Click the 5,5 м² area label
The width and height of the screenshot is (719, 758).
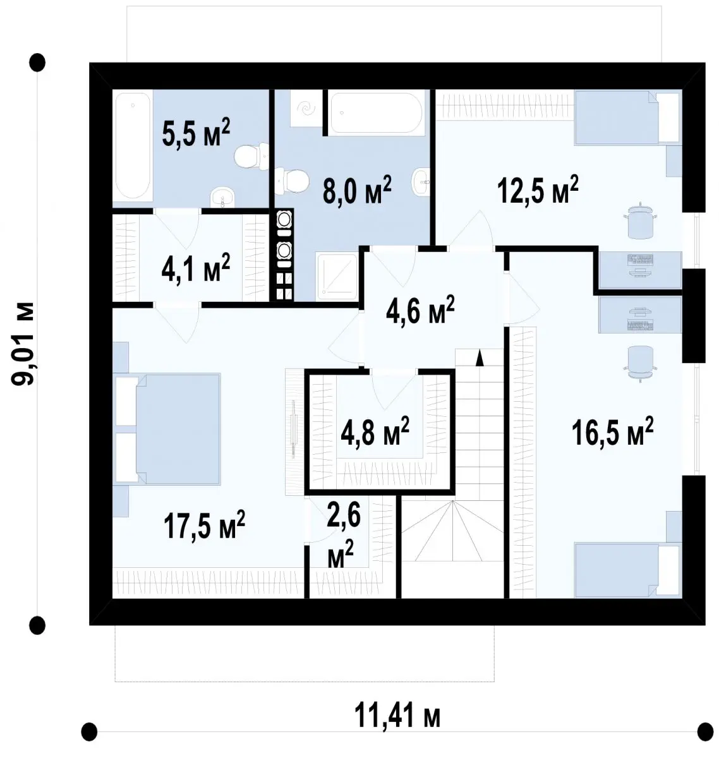(196, 133)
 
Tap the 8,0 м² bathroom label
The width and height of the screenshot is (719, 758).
(356, 189)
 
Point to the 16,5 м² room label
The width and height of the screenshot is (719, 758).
(612, 431)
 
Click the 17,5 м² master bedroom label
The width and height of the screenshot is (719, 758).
(204, 524)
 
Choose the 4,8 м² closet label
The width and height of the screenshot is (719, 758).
(375, 431)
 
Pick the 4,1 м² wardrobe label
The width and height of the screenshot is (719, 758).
(196, 267)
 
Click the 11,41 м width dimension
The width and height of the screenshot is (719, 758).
(397, 714)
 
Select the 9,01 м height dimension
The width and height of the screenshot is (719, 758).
(23, 344)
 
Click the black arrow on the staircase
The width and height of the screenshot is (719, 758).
(480, 358)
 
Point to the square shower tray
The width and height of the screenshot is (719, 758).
(337, 277)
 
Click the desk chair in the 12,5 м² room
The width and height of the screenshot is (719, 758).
(640, 220)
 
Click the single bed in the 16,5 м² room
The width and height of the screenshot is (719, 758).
(627, 570)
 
